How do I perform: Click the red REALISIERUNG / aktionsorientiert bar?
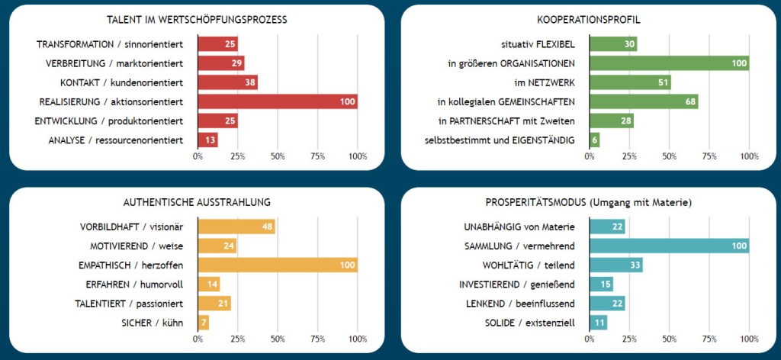277,101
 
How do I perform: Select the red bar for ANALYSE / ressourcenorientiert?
207,140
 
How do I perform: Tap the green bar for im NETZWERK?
630,82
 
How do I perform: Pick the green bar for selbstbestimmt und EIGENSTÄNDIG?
594,140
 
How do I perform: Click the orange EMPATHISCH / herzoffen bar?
277,265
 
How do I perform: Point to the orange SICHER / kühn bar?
203,322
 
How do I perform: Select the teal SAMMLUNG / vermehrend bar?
669,246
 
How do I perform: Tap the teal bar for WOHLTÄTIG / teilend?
615,265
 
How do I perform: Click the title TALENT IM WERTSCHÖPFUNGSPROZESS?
198,19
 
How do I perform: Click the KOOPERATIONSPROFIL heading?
588,19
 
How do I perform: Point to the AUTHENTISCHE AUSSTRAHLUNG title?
198,202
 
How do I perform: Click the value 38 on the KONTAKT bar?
249,82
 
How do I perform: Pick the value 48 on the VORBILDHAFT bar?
267,227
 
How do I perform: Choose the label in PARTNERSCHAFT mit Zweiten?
506,121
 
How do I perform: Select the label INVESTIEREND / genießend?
516,284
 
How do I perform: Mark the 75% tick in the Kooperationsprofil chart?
709,156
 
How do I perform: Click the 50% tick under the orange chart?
278,339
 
